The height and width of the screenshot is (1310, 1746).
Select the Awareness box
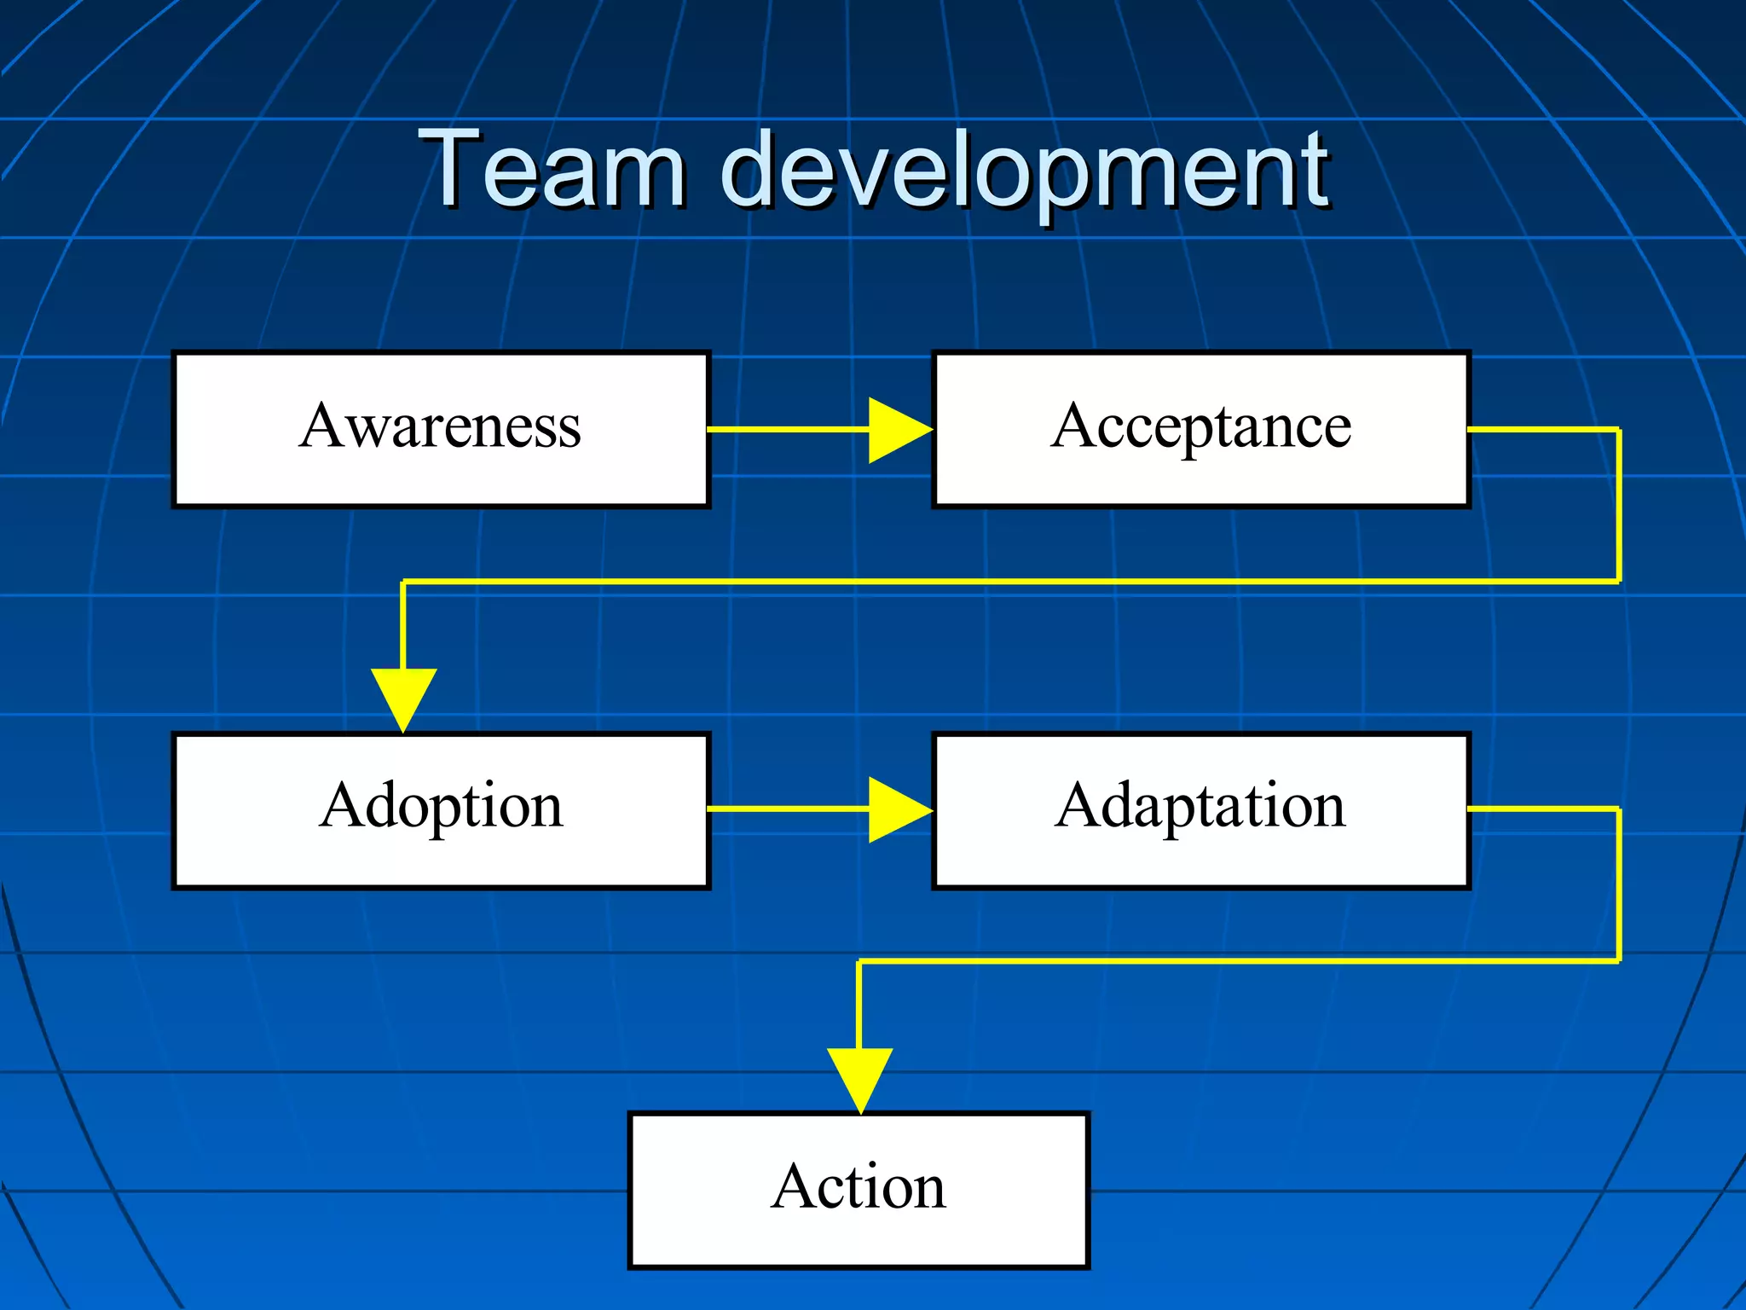(441, 429)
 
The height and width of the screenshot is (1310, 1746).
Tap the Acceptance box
(1200, 429)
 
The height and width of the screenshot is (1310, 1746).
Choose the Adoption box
(441, 810)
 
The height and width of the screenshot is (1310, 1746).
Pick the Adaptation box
(1200, 810)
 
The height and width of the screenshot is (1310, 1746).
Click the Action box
(859, 1191)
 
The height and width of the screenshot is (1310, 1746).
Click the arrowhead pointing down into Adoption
(403, 698)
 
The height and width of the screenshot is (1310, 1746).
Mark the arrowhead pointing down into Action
(859, 1078)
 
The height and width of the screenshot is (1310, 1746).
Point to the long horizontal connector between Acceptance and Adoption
(1006, 582)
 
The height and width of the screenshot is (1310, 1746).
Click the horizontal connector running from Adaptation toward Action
(1236, 961)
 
